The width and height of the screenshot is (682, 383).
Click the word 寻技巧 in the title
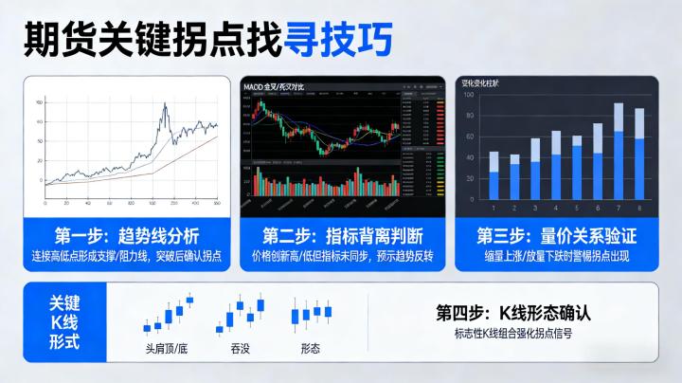(x=332, y=39)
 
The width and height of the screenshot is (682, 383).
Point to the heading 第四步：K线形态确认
(x=513, y=312)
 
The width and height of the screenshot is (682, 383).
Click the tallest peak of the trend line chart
(x=166, y=106)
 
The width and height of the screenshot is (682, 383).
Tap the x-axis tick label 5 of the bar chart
(x=577, y=207)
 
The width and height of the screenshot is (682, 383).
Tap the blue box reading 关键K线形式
(x=65, y=323)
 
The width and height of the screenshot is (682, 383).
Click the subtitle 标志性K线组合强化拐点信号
(x=513, y=334)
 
